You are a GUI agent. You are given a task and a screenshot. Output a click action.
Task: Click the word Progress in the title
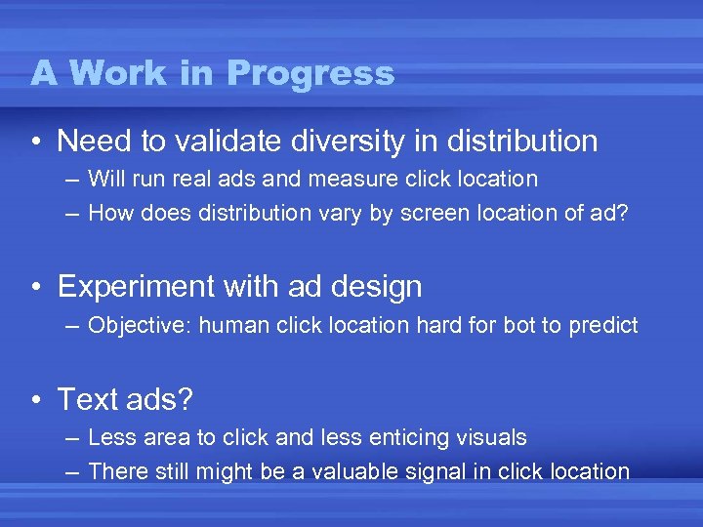(x=310, y=73)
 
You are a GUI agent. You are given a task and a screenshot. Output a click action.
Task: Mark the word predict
(x=601, y=326)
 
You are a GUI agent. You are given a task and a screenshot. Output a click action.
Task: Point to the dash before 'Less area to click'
(x=74, y=438)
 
